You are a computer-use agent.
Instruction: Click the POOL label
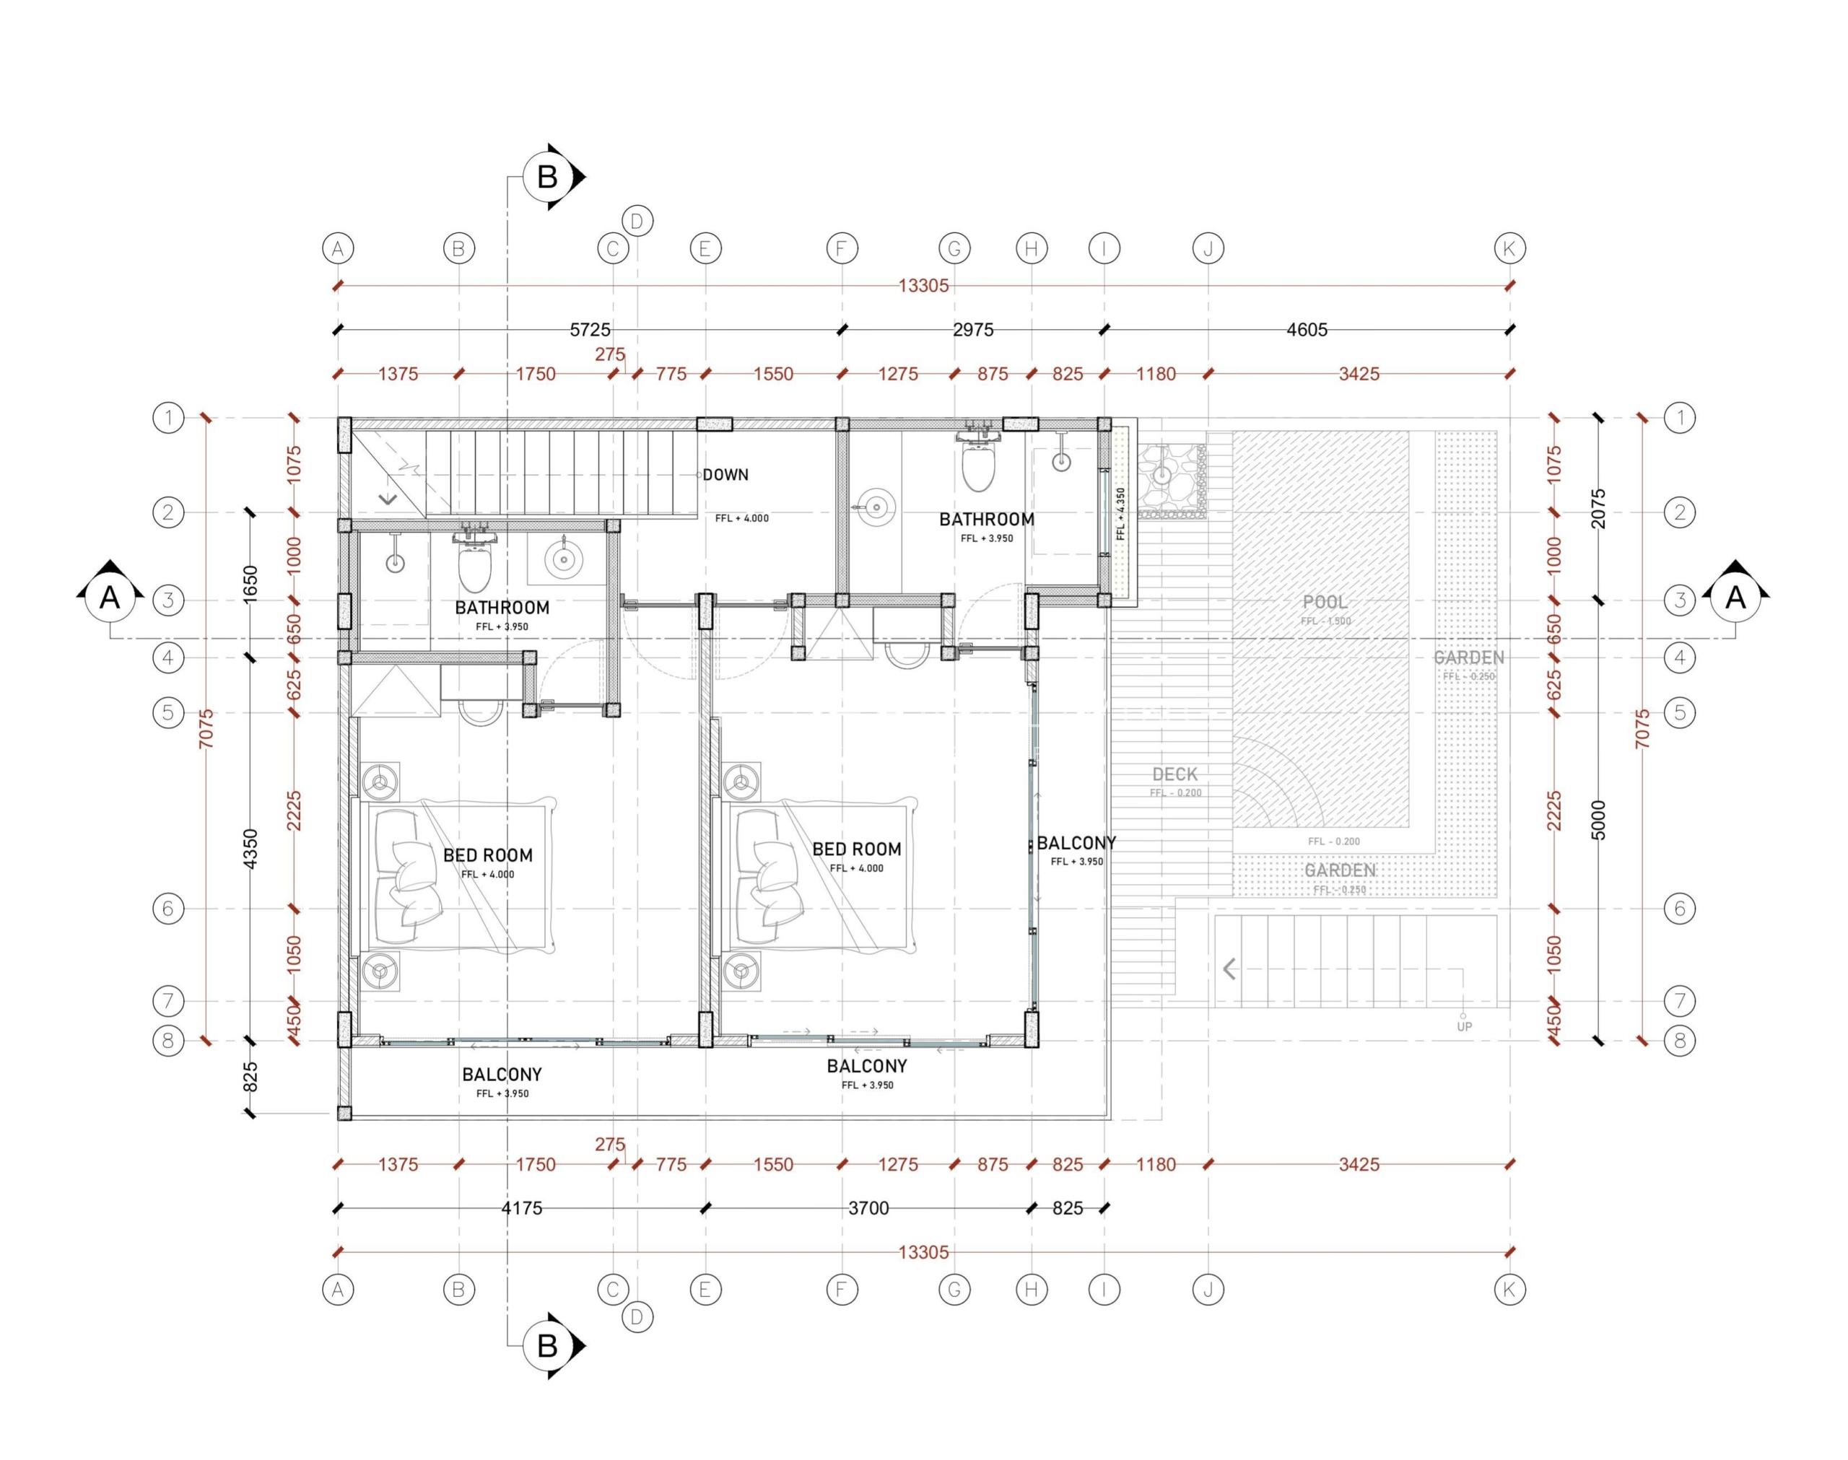click(1324, 602)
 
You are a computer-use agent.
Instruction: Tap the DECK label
click(1174, 774)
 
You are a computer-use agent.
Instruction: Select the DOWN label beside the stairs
click(725, 474)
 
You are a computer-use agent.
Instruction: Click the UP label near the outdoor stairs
click(1464, 1026)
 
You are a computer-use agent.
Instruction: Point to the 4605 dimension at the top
click(1307, 330)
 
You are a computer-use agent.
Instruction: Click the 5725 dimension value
click(590, 330)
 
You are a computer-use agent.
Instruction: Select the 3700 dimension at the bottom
click(868, 1208)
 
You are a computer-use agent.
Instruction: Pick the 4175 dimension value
click(521, 1208)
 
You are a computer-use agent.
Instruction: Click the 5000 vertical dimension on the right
click(1599, 820)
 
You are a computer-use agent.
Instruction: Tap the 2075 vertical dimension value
click(1599, 509)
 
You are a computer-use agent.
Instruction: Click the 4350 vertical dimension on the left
click(250, 849)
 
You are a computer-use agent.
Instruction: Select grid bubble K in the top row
click(1509, 249)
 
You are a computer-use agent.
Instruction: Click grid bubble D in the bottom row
click(637, 1317)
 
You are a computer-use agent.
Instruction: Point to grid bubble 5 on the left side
click(168, 712)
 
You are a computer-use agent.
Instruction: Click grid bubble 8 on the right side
click(1680, 1041)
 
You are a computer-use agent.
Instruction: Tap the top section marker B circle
click(547, 177)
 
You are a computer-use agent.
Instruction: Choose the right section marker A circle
click(1735, 598)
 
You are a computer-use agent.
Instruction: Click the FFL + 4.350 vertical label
click(1120, 514)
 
